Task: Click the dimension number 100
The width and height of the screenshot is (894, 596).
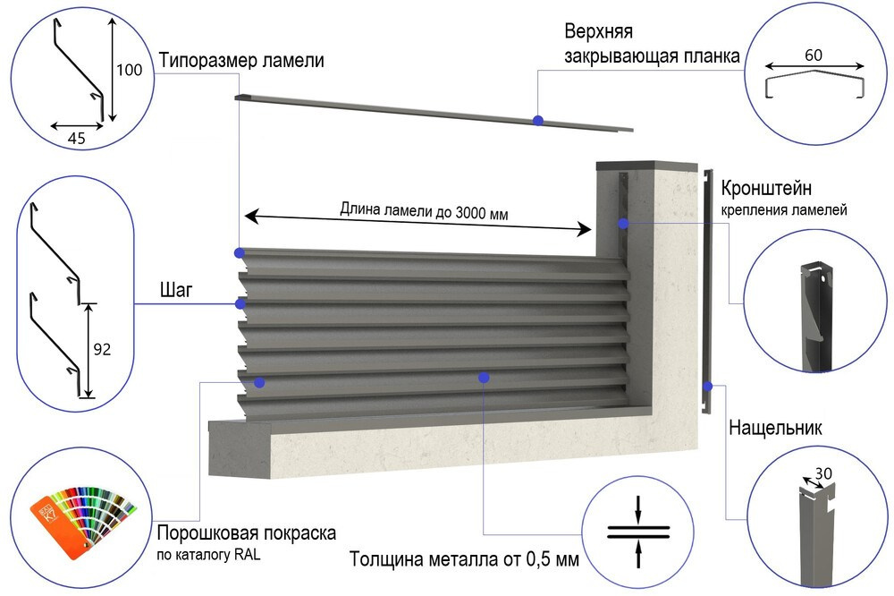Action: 130,71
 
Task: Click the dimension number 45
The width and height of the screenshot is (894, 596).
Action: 78,139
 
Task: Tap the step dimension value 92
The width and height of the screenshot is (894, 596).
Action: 102,350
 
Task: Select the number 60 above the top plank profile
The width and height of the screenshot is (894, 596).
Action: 814,55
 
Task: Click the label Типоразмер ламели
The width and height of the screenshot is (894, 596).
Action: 241,61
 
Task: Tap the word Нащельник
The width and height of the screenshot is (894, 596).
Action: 775,428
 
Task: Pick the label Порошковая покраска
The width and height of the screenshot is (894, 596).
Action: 247,533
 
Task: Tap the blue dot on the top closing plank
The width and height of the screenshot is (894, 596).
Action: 537,119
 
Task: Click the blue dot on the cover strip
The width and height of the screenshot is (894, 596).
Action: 707,387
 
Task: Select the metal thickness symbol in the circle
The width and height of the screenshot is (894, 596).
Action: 637,532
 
